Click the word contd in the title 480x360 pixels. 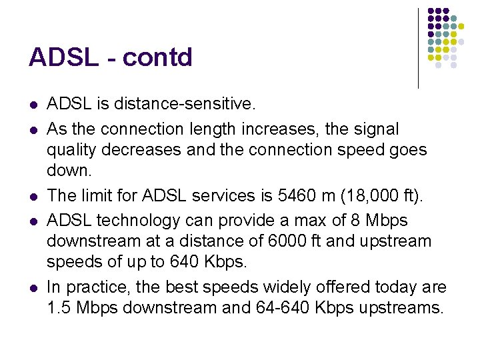(x=157, y=57)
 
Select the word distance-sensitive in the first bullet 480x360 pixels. (x=184, y=104)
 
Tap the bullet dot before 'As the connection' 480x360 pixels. (x=33, y=129)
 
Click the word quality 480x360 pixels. (x=71, y=149)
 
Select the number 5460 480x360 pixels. (x=282, y=195)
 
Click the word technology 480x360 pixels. (x=137, y=220)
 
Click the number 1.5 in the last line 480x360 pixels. (x=59, y=308)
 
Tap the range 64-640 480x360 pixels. (x=274, y=308)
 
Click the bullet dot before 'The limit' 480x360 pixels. (x=33, y=196)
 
